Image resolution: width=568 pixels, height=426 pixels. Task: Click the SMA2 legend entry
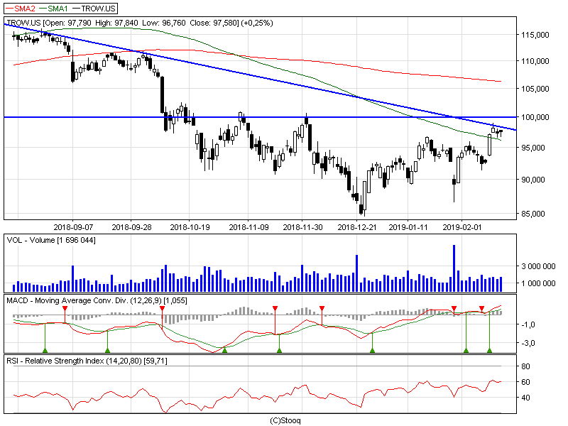coord(21,9)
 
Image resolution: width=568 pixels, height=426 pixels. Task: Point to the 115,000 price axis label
coord(535,35)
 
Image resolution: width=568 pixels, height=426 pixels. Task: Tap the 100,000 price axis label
coord(535,117)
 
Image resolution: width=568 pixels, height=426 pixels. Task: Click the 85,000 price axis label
coord(535,214)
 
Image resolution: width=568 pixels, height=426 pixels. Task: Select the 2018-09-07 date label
coord(73,227)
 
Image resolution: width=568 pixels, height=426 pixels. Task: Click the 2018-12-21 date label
coord(357,227)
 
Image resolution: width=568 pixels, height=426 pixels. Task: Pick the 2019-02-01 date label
coord(462,227)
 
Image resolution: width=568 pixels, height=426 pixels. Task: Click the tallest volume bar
coord(454,268)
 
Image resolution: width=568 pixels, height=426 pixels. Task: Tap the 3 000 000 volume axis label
coord(538,266)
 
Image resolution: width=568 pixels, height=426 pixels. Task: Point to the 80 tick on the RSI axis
coord(525,366)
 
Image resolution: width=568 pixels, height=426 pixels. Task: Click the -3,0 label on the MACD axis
coord(528,343)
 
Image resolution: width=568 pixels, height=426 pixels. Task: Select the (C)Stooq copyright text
coord(285,420)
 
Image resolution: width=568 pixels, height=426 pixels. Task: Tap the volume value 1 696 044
coord(76,240)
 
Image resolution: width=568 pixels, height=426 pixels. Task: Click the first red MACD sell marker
coord(65,309)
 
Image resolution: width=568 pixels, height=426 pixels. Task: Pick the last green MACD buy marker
coord(489,350)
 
